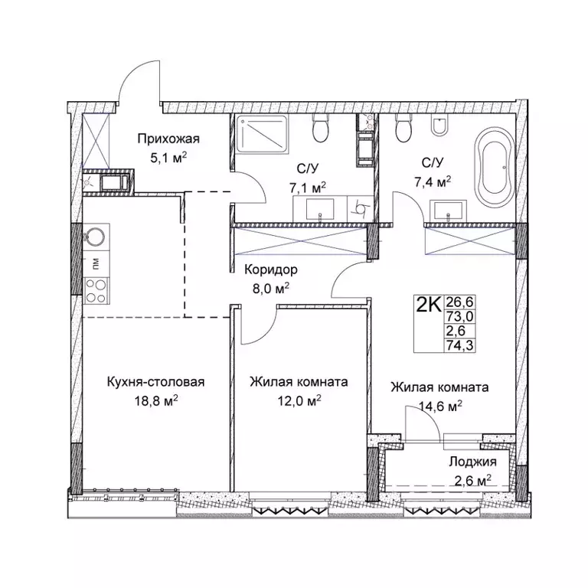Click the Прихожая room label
coord(168,139)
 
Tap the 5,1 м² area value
coord(168,158)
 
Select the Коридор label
coord(271,269)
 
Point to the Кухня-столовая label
coord(155,382)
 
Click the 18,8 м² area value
coord(155,401)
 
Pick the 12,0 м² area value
coord(299,401)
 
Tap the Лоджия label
coord(472,462)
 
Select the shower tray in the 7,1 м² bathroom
coord(262,134)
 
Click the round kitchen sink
coord(96,237)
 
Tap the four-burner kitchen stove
coord(96,291)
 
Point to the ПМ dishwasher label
coord(96,265)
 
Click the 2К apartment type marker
coord(428,305)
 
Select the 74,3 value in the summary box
coord(459,345)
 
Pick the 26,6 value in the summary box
coord(459,301)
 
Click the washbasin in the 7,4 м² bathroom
coord(449,211)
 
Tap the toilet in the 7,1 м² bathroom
coord(321,129)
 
